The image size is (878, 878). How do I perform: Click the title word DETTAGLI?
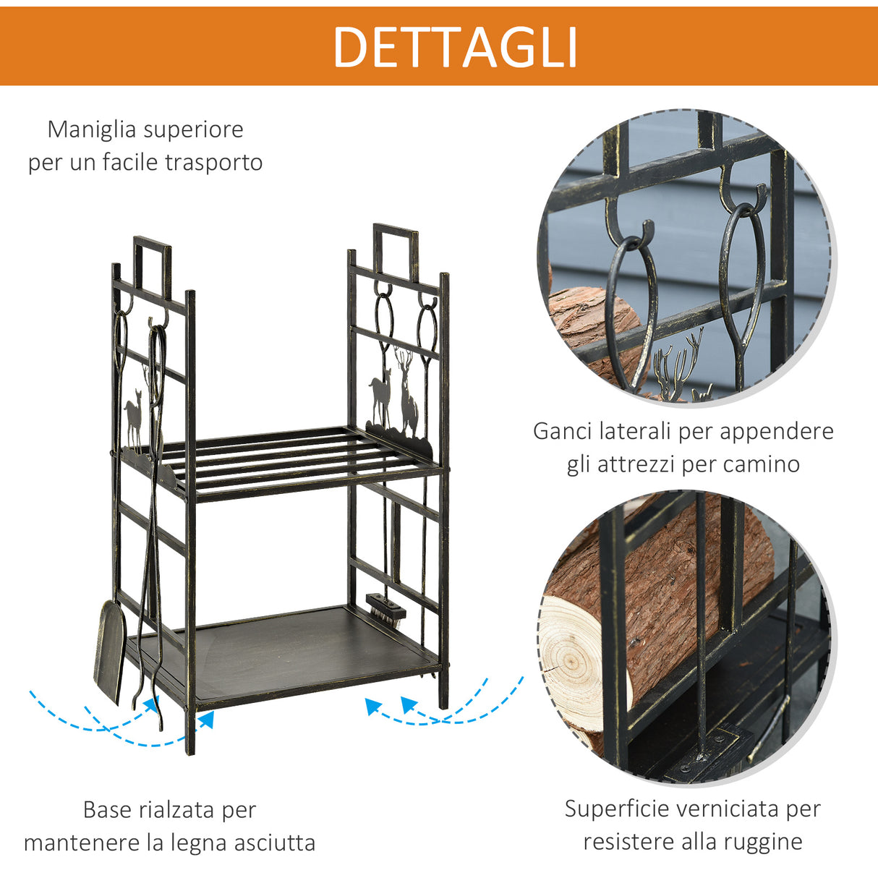click(455, 48)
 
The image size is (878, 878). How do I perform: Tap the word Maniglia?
click(92, 130)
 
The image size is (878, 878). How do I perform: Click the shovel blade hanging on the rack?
click(110, 651)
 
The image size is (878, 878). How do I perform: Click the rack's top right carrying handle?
click(395, 250)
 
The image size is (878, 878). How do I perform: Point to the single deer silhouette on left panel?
click(133, 419)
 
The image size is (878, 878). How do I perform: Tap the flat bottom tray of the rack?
click(289, 651)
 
